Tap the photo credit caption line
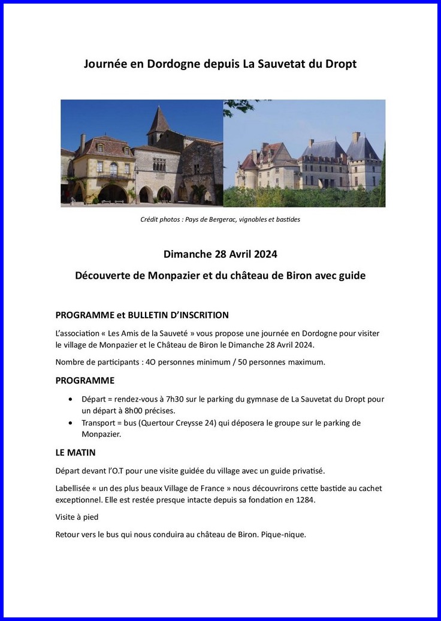click(x=220, y=219)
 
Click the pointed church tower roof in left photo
click(x=159, y=120)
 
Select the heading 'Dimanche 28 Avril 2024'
click(x=220, y=254)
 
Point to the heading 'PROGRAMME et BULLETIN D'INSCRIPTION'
click(x=142, y=315)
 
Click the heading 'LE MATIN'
click(x=75, y=453)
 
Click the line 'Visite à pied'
click(x=77, y=517)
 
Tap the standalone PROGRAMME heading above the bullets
click(x=84, y=381)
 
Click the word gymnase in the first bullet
click(x=259, y=399)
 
